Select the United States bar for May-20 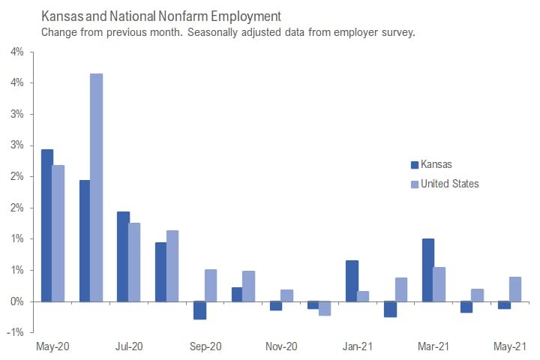coord(58,233)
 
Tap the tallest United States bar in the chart coord(97,187)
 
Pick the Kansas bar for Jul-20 coord(123,256)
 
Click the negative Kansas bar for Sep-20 coord(199,310)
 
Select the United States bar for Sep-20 coord(211,285)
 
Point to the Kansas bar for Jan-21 coord(352,280)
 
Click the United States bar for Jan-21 coord(364,296)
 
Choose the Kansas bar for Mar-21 coord(428,270)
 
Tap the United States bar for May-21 coord(516,289)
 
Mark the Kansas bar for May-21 coord(504,305)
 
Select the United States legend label coord(449,184)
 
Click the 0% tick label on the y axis coord(17,301)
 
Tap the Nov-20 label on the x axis coord(282,347)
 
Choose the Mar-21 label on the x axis coord(434,347)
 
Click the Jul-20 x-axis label coord(129,347)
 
